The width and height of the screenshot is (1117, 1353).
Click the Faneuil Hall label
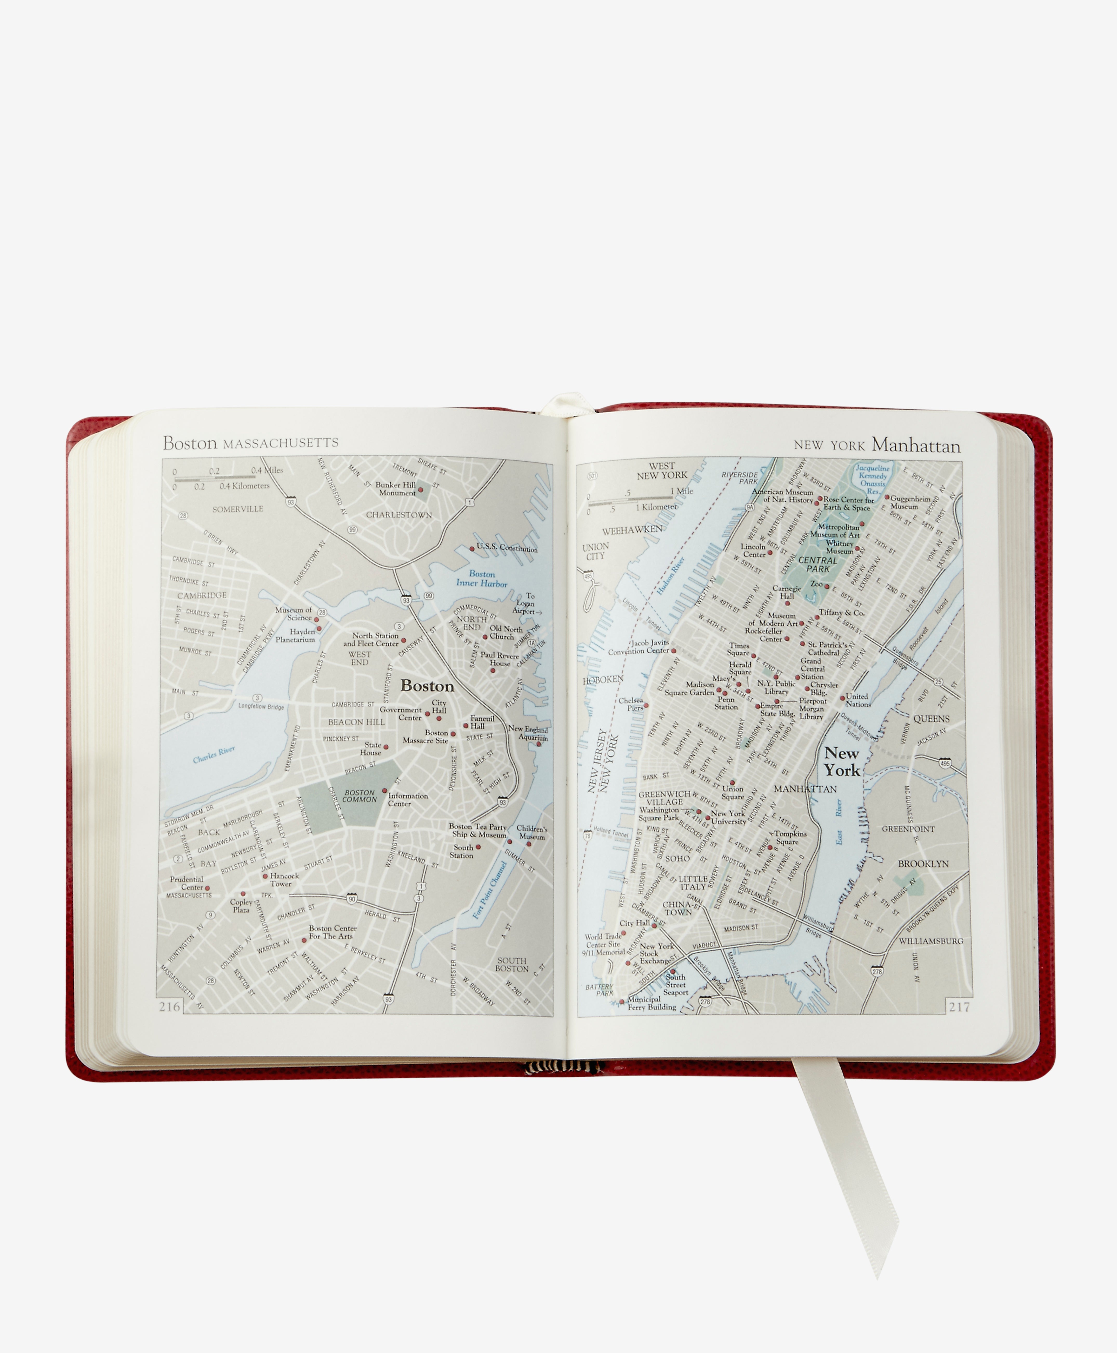[x=482, y=722]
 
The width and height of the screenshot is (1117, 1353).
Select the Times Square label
[x=739, y=649]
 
